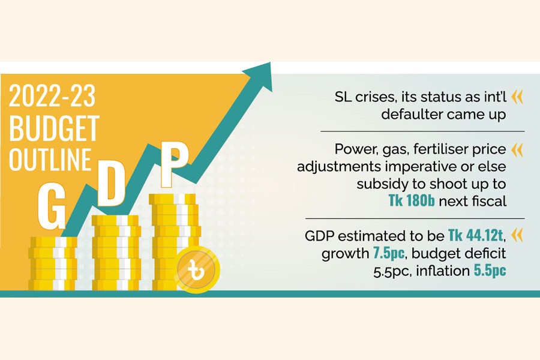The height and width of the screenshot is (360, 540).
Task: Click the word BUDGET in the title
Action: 54,128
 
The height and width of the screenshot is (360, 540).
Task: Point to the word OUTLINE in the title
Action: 50,160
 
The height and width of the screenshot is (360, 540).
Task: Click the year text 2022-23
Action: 52,96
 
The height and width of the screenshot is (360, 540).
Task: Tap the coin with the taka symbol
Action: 197,270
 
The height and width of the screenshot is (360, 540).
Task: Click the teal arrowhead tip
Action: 271,62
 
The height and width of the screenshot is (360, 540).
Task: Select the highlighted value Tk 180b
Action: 412,201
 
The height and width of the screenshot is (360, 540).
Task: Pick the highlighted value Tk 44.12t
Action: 476,236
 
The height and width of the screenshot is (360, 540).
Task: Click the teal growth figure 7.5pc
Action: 389,254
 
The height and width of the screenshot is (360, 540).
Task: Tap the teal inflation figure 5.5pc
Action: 490,271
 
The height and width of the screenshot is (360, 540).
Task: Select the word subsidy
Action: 378,184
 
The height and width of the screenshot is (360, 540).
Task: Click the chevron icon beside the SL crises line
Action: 517,97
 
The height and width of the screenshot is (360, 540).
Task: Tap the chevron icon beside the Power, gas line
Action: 517,150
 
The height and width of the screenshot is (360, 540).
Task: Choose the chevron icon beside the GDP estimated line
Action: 517,235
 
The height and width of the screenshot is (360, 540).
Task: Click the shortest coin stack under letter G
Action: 53,263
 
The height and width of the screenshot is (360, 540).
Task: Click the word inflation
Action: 443,271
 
